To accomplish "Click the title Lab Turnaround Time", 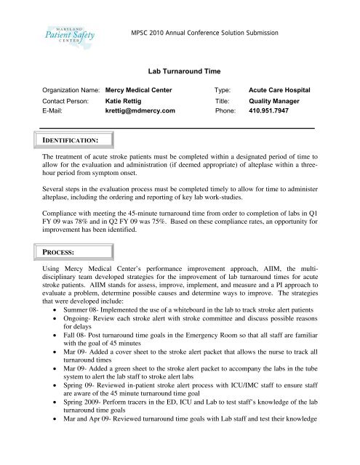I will pyautogui.click(x=180, y=73).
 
